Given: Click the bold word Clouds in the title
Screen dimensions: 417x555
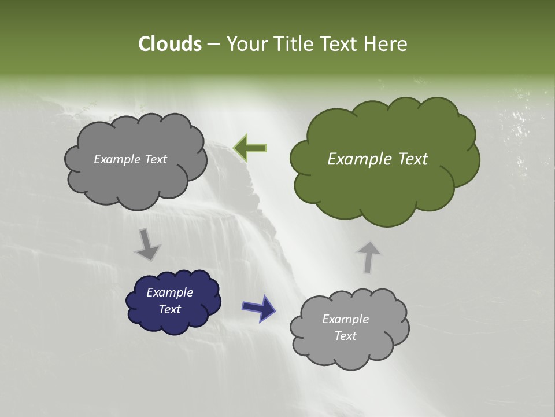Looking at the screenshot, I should [170, 44].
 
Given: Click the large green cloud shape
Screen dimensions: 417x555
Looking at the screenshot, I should [384, 174].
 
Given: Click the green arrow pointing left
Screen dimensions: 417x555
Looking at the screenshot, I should [250, 148].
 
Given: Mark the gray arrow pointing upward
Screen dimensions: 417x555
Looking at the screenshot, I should [368, 257].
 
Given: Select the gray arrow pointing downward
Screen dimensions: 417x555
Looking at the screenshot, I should [148, 244].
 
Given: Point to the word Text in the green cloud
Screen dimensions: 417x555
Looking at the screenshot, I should [412, 159].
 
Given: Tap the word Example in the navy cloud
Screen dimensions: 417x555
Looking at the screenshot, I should [169, 292].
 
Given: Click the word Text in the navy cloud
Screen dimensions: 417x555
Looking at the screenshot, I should [169, 309].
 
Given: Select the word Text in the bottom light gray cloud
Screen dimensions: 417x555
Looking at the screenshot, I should [345, 336].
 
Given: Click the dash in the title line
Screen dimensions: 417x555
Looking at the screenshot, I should [213, 44].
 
